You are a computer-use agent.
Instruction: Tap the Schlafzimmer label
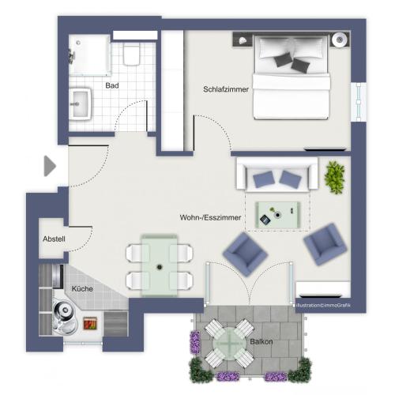(225, 90)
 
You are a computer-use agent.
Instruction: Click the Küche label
(83, 289)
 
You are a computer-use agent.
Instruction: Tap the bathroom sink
(81, 103)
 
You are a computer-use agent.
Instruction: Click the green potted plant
(335, 176)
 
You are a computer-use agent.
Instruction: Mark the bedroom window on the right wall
(360, 98)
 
